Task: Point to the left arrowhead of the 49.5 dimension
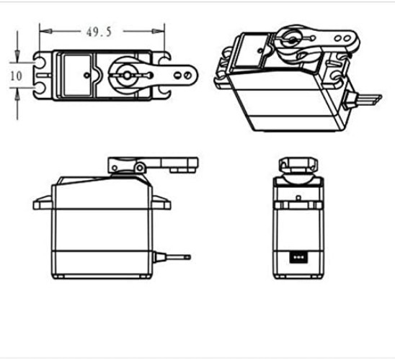click(43, 32)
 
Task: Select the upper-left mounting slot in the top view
click(39, 60)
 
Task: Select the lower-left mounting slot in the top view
click(39, 87)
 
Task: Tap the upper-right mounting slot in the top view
click(165, 60)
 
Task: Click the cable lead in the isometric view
click(366, 97)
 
